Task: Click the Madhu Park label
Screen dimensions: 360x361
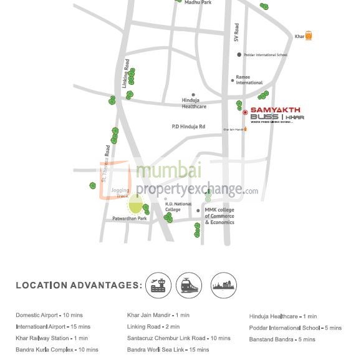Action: pos(198,2)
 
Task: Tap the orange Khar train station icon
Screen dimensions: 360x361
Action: pos(308,36)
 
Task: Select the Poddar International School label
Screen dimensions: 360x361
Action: pos(266,55)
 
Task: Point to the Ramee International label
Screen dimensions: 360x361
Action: pos(249,80)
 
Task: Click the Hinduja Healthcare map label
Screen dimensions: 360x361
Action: pos(194,103)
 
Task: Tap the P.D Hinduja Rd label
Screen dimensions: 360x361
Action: pos(188,127)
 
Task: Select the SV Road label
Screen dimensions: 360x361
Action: pos(236,32)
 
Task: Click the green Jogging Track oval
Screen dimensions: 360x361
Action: pos(135,203)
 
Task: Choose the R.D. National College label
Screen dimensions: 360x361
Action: pos(178,207)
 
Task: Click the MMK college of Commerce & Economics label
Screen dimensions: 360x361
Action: pos(219,216)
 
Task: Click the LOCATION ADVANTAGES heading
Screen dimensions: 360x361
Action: pos(79,285)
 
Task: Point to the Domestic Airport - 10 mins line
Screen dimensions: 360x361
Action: pos(49,315)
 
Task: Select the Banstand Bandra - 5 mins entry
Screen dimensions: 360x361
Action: pos(282,339)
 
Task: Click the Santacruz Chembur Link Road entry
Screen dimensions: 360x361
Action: pos(178,338)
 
